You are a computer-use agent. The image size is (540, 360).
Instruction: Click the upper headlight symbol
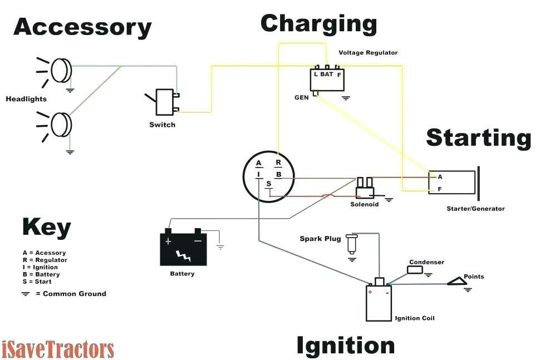(x=61, y=71)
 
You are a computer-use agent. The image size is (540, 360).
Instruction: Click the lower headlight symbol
(x=61, y=125)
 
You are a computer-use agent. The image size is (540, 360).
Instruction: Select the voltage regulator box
(x=327, y=78)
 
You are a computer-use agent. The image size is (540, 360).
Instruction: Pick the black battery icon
(x=183, y=249)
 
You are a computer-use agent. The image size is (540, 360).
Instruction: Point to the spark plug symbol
(x=351, y=243)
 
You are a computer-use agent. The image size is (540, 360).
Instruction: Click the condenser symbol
(x=415, y=270)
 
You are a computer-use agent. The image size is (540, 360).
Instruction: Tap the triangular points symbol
(x=460, y=282)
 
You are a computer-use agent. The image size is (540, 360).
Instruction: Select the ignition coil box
(x=379, y=303)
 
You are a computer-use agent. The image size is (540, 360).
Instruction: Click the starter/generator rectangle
(x=452, y=182)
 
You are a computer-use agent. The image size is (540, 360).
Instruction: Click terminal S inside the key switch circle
(x=269, y=184)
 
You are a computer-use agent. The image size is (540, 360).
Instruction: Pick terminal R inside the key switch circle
(x=277, y=163)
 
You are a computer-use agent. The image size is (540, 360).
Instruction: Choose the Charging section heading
(x=318, y=24)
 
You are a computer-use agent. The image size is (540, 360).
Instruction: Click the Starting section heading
(x=478, y=137)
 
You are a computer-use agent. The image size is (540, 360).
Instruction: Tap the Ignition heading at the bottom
(x=345, y=345)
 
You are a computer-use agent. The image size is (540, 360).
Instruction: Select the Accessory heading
(x=82, y=27)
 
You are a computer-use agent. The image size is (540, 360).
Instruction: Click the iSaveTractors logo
(x=58, y=349)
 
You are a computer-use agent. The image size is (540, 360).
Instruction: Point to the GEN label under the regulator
(x=302, y=97)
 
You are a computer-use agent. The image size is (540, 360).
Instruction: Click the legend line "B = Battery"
(x=41, y=274)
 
